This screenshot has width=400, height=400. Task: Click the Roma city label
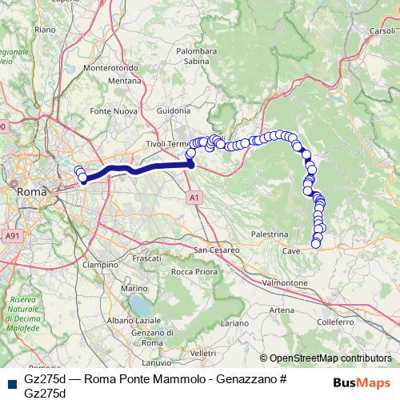click(x=32, y=192)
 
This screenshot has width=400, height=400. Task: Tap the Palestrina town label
click(x=269, y=234)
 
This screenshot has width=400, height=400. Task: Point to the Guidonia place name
click(x=174, y=110)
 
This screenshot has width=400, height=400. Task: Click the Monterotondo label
click(x=111, y=69)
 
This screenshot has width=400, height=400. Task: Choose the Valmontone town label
click(x=286, y=283)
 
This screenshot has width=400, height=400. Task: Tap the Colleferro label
click(x=334, y=322)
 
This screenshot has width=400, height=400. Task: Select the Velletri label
click(x=204, y=353)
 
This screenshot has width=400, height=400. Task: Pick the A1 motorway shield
click(x=194, y=196)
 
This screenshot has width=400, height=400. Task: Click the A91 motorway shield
click(x=11, y=236)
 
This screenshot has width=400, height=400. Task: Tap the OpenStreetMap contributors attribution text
click(x=330, y=358)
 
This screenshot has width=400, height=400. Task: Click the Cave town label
click(x=291, y=250)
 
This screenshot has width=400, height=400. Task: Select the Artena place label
click(x=281, y=310)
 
